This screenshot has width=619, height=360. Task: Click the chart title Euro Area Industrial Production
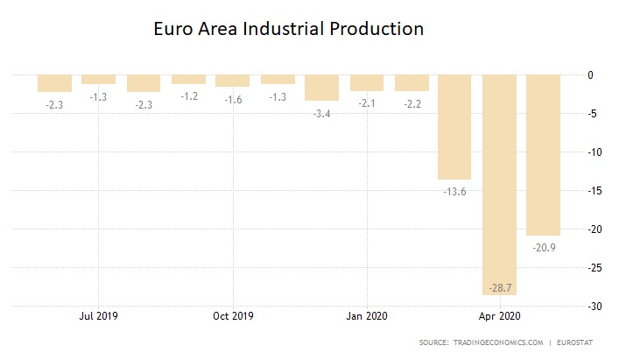pyautogui.click(x=289, y=29)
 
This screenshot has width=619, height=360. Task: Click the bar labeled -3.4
pyautogui.click(x=321, y=88)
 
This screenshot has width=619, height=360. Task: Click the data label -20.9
pyautogui.click(x=544, y=247)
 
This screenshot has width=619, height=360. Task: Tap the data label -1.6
pyautogui.click(x=232, y=99)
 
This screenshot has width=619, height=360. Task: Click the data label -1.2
pyautogui.click(x=188, y=96)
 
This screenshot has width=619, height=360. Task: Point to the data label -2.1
pyautogui.click(x=366, y=103)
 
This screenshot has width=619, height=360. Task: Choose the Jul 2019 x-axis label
pyautogui.click(x=98, y=316)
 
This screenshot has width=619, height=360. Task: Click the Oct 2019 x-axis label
pyautogui.click(x=233, y=316)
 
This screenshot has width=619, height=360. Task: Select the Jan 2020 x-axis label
pyautogui.click(x=367, y=316)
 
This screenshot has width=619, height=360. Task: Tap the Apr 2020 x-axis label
pyautogui.click(x=501, y=316)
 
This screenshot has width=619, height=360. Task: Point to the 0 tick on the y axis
pyautogui.click(x=591, y=75)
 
